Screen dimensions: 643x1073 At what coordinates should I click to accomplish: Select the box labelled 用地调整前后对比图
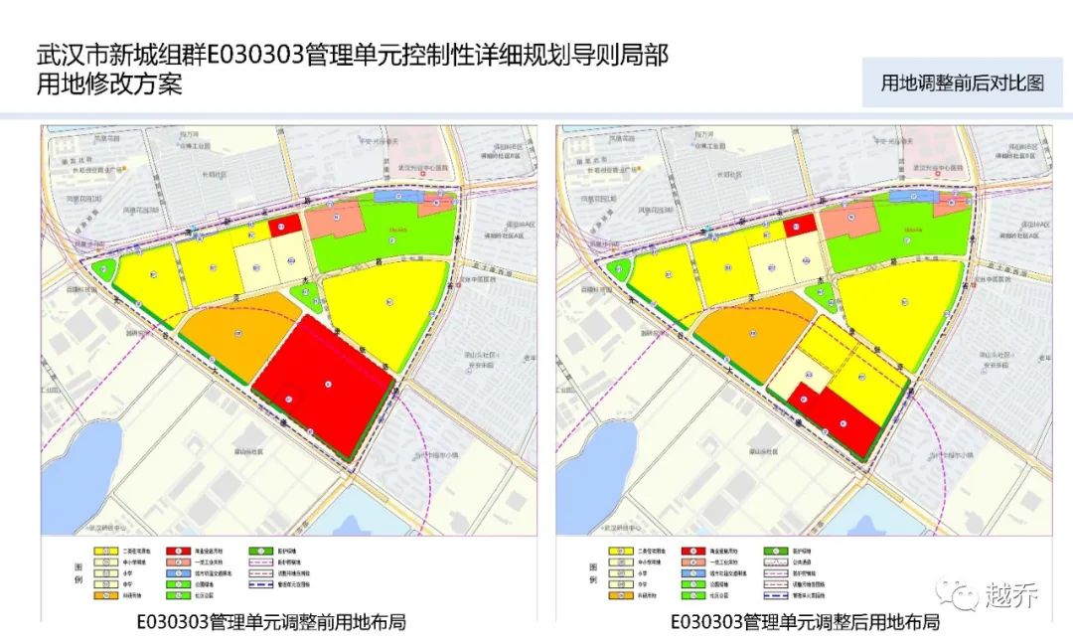click(962, 82)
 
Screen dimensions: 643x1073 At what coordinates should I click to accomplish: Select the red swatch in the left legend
click(188, 549)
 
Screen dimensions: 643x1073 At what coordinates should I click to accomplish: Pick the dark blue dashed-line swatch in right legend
click(774, 596)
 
